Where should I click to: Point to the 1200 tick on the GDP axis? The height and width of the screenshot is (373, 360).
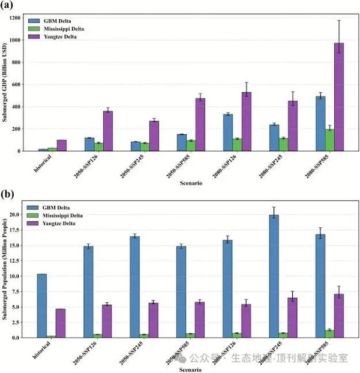click(29, 18)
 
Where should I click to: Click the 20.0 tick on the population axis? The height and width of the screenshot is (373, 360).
click(29, 214)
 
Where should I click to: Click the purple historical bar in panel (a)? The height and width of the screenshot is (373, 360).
click(61, 145)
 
